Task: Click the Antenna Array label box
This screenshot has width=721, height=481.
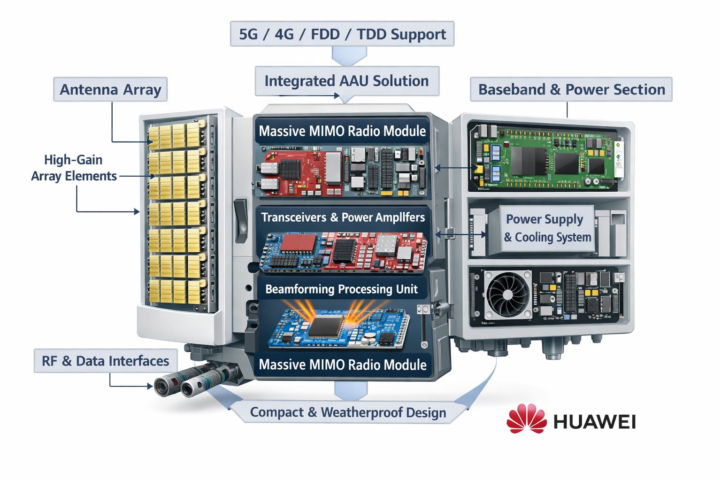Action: (x=110, y=89)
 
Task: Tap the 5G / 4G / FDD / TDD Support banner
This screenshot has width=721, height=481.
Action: (x=342, y=34)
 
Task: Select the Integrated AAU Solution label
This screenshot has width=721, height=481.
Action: (x=347, y=81)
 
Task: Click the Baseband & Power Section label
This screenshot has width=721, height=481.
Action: (x=571, y=89)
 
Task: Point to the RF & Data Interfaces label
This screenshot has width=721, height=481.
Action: (x=106, y=361)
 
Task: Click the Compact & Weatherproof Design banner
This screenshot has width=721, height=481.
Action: (x=348, y=412)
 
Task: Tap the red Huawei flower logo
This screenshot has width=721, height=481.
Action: (x=527, y=419)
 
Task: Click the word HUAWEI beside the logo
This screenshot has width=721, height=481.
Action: (x=595, y=421)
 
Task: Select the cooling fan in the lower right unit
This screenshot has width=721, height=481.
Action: (x=507, y=294)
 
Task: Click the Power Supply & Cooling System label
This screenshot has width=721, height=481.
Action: (x=547, y=228)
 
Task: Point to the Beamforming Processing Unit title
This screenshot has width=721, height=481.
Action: (x=342, y=289)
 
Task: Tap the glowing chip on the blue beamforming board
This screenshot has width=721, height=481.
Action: (x=326, y=326)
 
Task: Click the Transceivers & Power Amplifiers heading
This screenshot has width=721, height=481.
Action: (x=343, y=217)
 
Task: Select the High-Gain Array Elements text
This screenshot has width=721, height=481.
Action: (x=74, y=168)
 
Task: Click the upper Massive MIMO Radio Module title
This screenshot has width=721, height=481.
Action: (x=342, y=131)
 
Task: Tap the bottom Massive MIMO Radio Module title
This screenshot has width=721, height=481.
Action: (x=343, y=365)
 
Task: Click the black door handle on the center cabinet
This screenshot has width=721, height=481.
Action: (x=240, y=220)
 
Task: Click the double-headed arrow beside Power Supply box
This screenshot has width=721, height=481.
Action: (x=461, y=234)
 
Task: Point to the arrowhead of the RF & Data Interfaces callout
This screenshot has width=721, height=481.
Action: (x=150, y=386)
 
